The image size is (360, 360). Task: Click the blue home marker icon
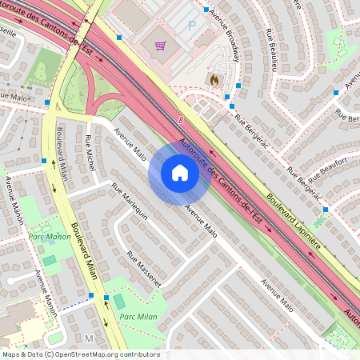pos(179,173)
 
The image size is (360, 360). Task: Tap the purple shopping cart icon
pos(160,46)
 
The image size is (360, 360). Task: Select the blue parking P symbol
pos(191,26)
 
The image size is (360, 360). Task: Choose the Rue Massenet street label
pos(143,270)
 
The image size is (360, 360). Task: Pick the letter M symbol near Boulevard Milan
pos(89,339)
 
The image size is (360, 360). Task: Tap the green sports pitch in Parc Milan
pos(120,302)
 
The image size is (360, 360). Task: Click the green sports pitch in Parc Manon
pos(50,260)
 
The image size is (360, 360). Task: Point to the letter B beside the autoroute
pos(181,120)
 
